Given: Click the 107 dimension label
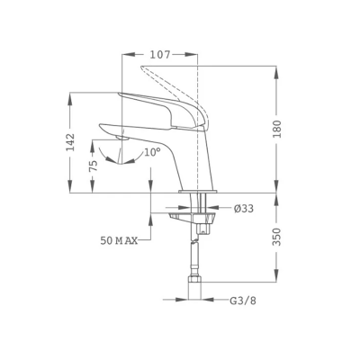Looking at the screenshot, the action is tap(160, 55).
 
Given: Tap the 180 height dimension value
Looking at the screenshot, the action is tap(278, 129).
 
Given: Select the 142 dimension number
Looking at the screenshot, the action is tap(71, 142).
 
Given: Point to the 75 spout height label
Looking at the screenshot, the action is tap(94, 166).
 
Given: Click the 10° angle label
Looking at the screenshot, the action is tap(152, 152).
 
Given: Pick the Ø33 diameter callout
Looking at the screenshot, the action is tap(244, 208).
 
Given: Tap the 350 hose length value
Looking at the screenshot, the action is tap(278, 237).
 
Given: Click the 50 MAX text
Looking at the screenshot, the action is tap(119, 240).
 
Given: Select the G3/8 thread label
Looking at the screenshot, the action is tap(243, 301).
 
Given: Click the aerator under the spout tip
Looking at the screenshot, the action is tap(122, 138).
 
